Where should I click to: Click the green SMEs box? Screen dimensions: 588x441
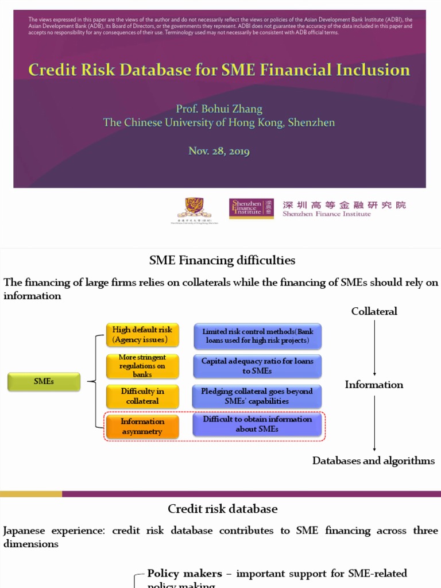[x=44, y=381]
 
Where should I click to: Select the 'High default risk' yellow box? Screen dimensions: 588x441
[x=142, y=335]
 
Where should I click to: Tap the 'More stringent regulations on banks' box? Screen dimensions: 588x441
[x=142, y=366]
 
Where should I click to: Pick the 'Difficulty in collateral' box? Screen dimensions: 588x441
[x=142, y=396]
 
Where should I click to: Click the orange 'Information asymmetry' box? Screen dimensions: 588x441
[x=142, y=426]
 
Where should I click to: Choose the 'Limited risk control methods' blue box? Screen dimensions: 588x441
[x=257, y=336]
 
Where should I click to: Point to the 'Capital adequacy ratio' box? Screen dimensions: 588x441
[x=257, y=366]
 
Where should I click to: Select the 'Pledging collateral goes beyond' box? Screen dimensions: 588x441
[x=257, y=396]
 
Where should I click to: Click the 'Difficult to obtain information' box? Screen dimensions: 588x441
[x=257, y=424]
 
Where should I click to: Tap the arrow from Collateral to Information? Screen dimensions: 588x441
[x=374, y=348]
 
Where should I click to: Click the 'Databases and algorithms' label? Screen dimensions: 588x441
[x=373, y=461]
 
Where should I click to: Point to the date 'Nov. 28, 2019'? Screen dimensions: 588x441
[x=219, y=151]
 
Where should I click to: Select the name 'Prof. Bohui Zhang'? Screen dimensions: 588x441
[x=219, y=109]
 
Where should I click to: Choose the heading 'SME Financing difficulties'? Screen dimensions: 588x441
[x=222, y=260]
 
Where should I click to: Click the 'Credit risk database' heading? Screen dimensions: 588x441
[x=223, y=509]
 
